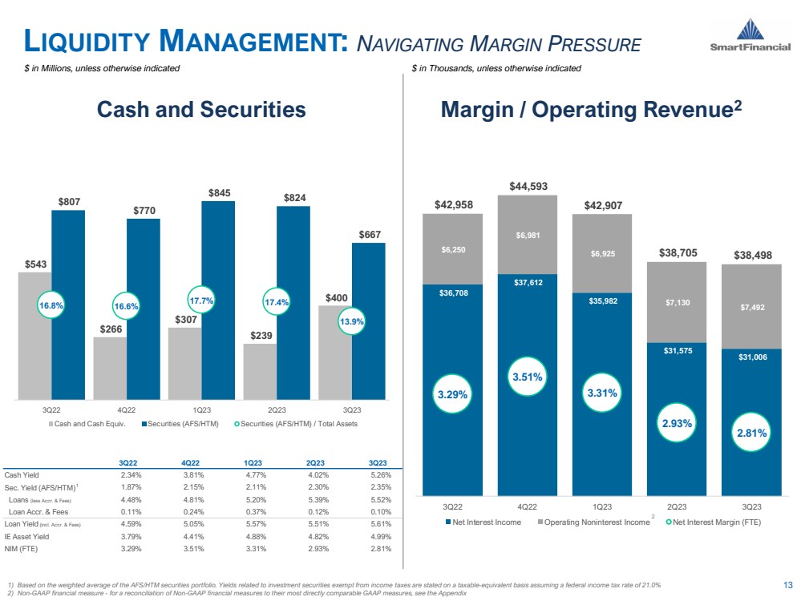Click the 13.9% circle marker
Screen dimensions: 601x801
coord(353,321)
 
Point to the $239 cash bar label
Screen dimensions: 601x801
coord(260,337)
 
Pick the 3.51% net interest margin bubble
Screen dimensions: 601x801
coord(528,376)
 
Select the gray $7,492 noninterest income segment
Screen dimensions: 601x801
coord(751,306)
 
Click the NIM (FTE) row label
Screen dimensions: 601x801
coord(21,549)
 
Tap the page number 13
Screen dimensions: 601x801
coord(787,585)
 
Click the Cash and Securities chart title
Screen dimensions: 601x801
coord(201,110)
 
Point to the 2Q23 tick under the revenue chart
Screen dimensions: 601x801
coord(676,506)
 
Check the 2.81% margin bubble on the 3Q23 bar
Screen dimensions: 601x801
coord(751,433)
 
